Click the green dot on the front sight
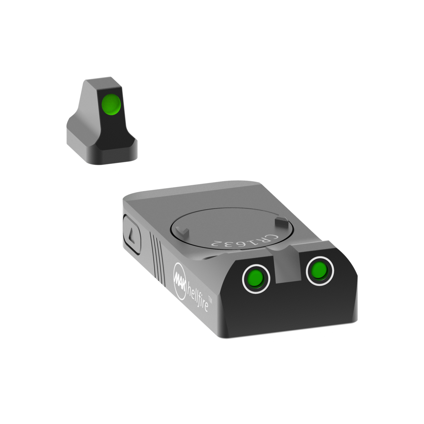coord(111,103)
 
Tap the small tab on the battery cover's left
coord(184,232)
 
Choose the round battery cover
coord(223,226)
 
